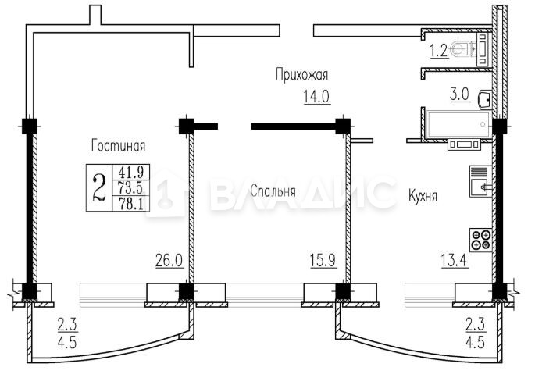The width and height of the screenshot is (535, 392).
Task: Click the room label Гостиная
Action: [119, 146]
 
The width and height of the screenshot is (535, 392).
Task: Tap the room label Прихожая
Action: [302, 75]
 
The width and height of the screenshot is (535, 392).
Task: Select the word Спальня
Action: [273, 191]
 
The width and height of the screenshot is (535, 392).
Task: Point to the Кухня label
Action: [423, 196]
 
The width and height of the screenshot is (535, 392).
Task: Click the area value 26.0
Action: [169, 260]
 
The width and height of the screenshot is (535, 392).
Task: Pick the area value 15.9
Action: [323, 260]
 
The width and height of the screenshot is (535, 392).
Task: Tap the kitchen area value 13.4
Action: [455, 260]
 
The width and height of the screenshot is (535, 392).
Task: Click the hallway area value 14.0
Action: [316, 96]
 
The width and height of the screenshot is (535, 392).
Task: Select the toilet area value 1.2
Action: [438, 52]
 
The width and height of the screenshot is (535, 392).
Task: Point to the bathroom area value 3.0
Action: [459, 94]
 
